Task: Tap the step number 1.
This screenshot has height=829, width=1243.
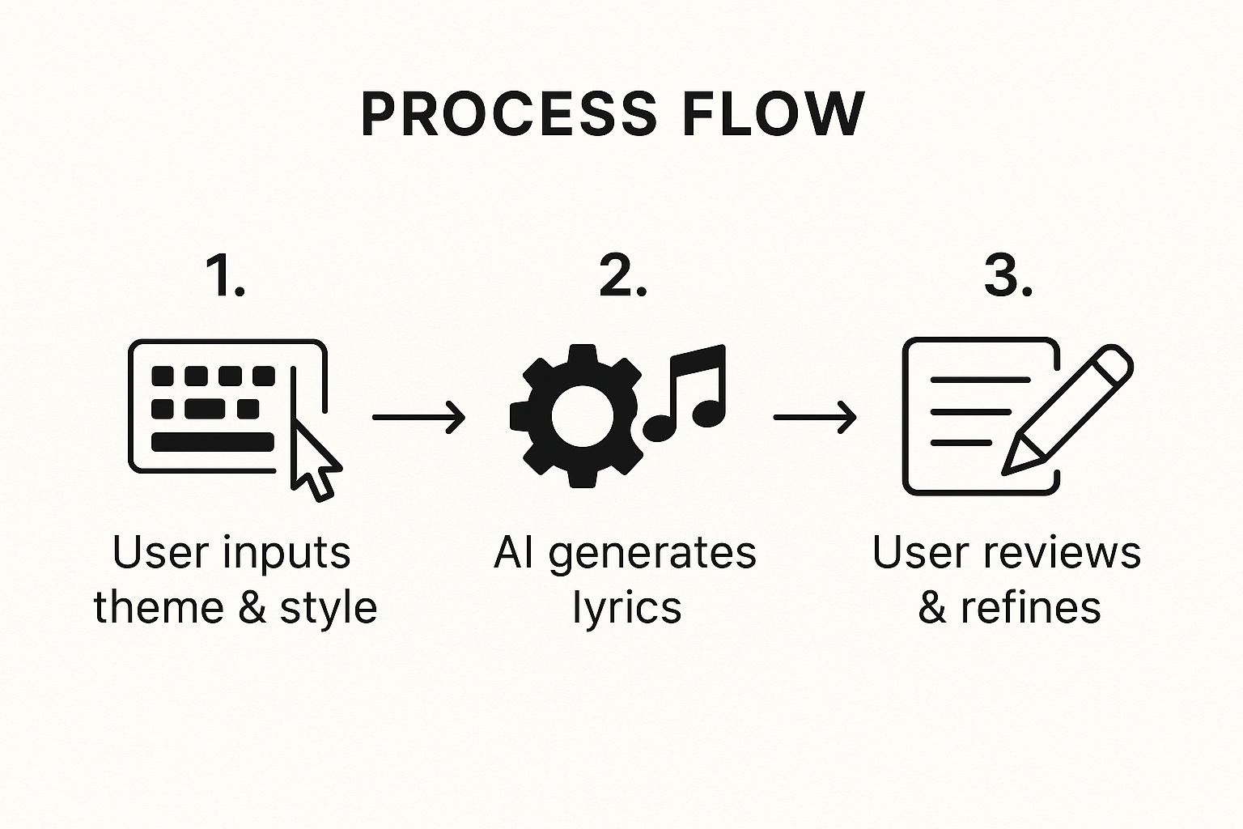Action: click(225, 276)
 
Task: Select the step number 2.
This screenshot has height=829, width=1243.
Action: click(622, 276)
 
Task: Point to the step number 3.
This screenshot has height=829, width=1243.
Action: click(1008, 276)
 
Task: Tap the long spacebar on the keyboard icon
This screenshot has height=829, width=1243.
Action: click(213, 442)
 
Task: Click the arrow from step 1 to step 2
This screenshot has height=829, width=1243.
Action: click(418, 417)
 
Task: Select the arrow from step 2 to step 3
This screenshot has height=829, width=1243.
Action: click(815, 417)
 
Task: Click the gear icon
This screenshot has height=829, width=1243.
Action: click(577, 416)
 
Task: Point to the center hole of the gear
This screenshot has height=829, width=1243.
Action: click(583, 416)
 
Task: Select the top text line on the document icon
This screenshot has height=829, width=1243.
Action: click(980, 380)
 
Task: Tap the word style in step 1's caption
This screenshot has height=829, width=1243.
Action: click(329, 609)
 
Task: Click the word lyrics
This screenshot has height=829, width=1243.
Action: click(626, 609)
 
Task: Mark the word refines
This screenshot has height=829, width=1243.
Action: click(1030, 607)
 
